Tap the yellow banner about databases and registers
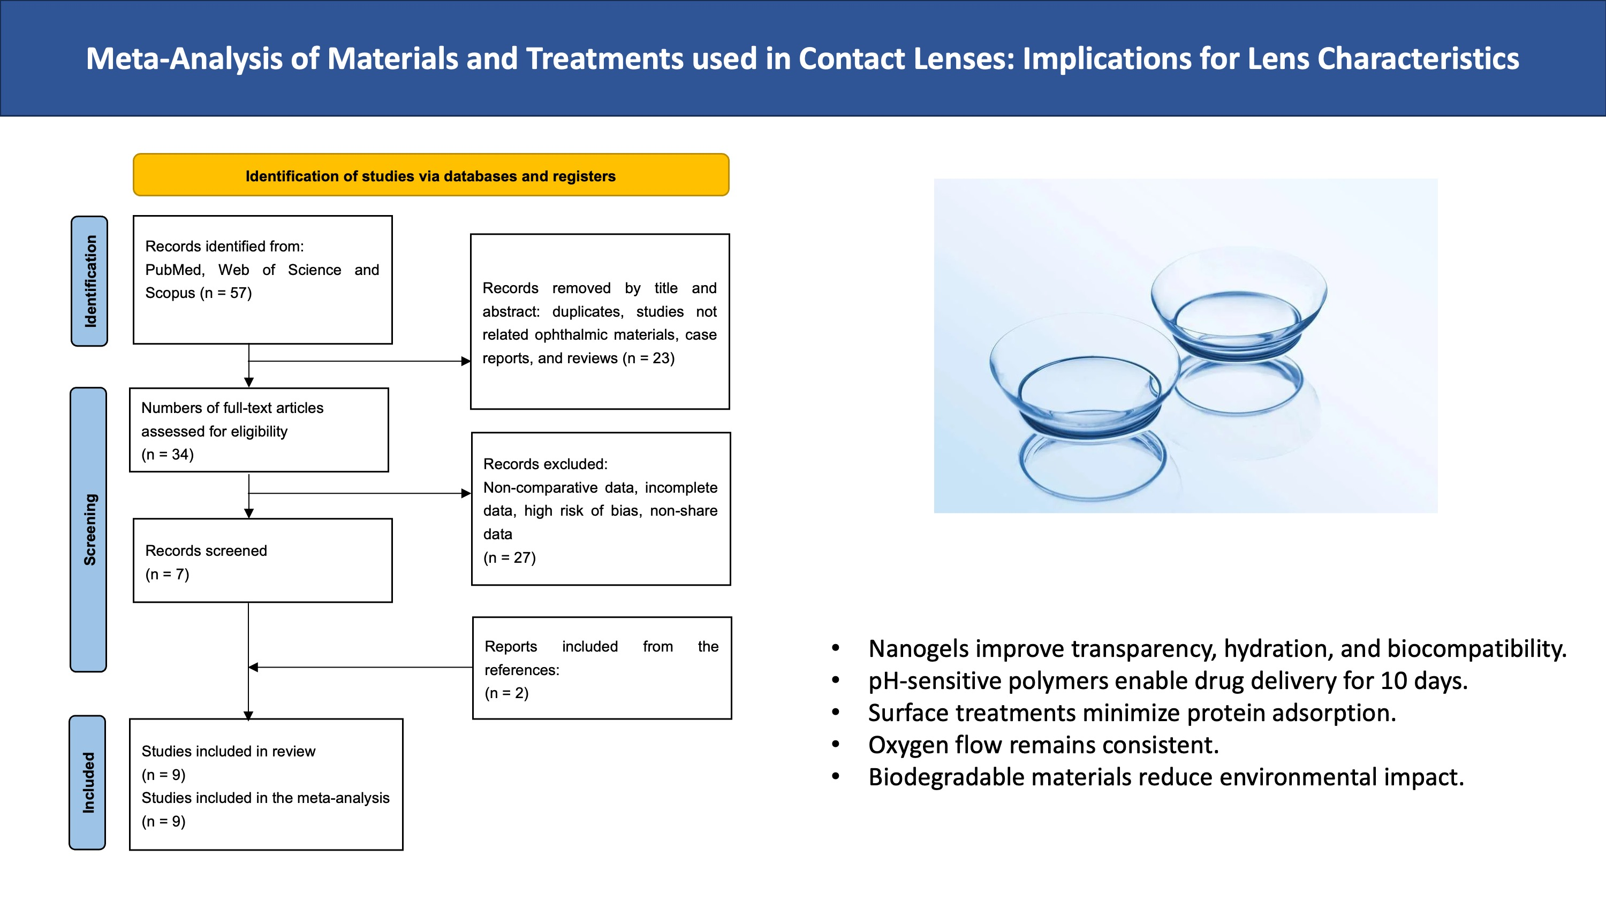pos(431,175)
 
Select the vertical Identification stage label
pos(90,281)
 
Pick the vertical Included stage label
pos(88,783)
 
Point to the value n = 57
pos(226,293)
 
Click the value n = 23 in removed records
pos(649,358)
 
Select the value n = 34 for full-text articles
pos(168,454)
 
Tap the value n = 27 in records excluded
pos(510,558)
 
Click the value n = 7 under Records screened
pos(167,574)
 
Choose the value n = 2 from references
pos(507,693)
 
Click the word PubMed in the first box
pos(175,270)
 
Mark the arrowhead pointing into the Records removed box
pos(466,361)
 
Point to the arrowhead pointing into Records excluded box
pos(466,494)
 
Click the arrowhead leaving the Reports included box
pos(253,668)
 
